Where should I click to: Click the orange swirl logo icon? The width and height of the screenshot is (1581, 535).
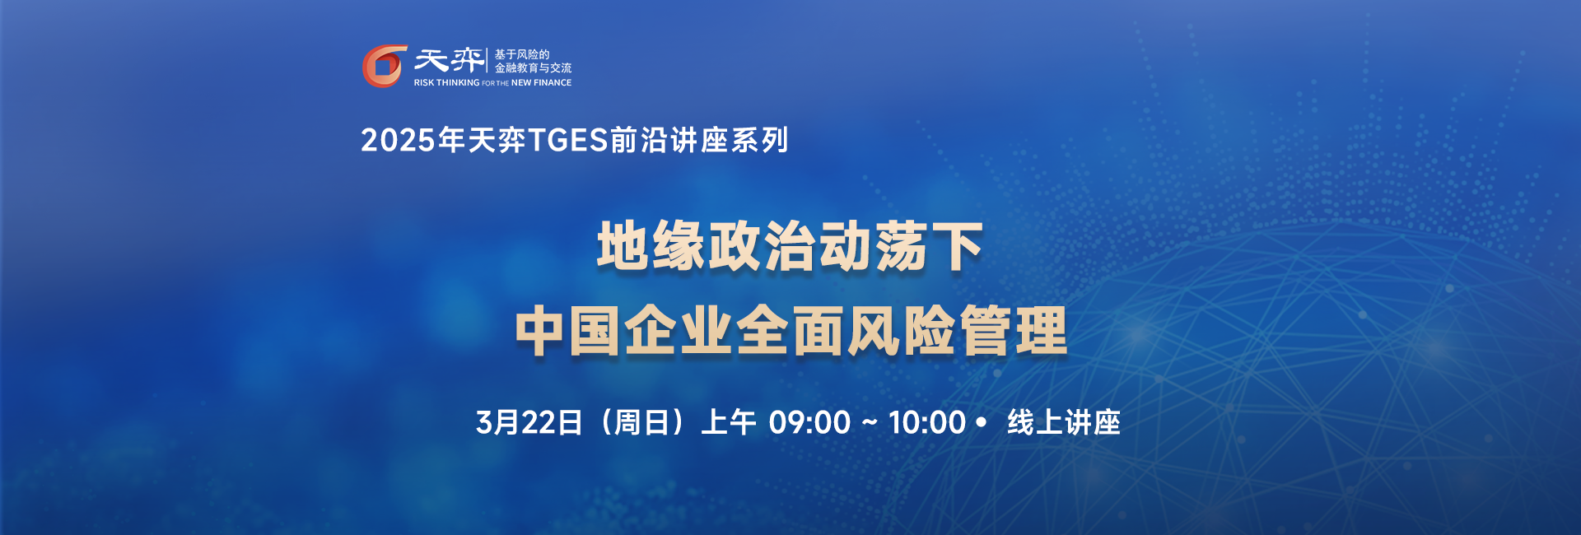tap(385, 66)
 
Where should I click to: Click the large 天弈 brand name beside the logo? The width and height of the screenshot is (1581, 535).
tap(449, 60)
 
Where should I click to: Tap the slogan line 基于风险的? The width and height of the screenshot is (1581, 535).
tap(521, 54)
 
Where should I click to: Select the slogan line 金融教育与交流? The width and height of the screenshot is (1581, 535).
tap(533, 68)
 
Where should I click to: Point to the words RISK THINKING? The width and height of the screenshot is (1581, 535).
tap(446, 83)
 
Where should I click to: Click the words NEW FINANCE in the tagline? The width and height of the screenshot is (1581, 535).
tap(541, 83)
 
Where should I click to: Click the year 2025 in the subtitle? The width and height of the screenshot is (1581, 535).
tap(398, 141)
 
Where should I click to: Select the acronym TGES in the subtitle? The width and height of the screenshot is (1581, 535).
tap(567, 141)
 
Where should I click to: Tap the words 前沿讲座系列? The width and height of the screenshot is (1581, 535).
tap(700, 141)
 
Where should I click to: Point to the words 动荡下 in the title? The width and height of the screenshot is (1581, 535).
tap(901, 246)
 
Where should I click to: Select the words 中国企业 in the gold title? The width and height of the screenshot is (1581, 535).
tap(623, 331)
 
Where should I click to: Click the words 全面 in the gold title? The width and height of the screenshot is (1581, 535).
tap(790, 331)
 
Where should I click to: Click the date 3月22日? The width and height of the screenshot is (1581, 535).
tap(529, 422)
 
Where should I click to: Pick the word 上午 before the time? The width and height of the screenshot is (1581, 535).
tap(728, 422)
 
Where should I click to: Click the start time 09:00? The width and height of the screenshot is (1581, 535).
tap(809, 422)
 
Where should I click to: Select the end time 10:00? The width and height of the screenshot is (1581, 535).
tap(926, 422)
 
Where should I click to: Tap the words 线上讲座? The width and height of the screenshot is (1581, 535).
tap(1063, 422)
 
